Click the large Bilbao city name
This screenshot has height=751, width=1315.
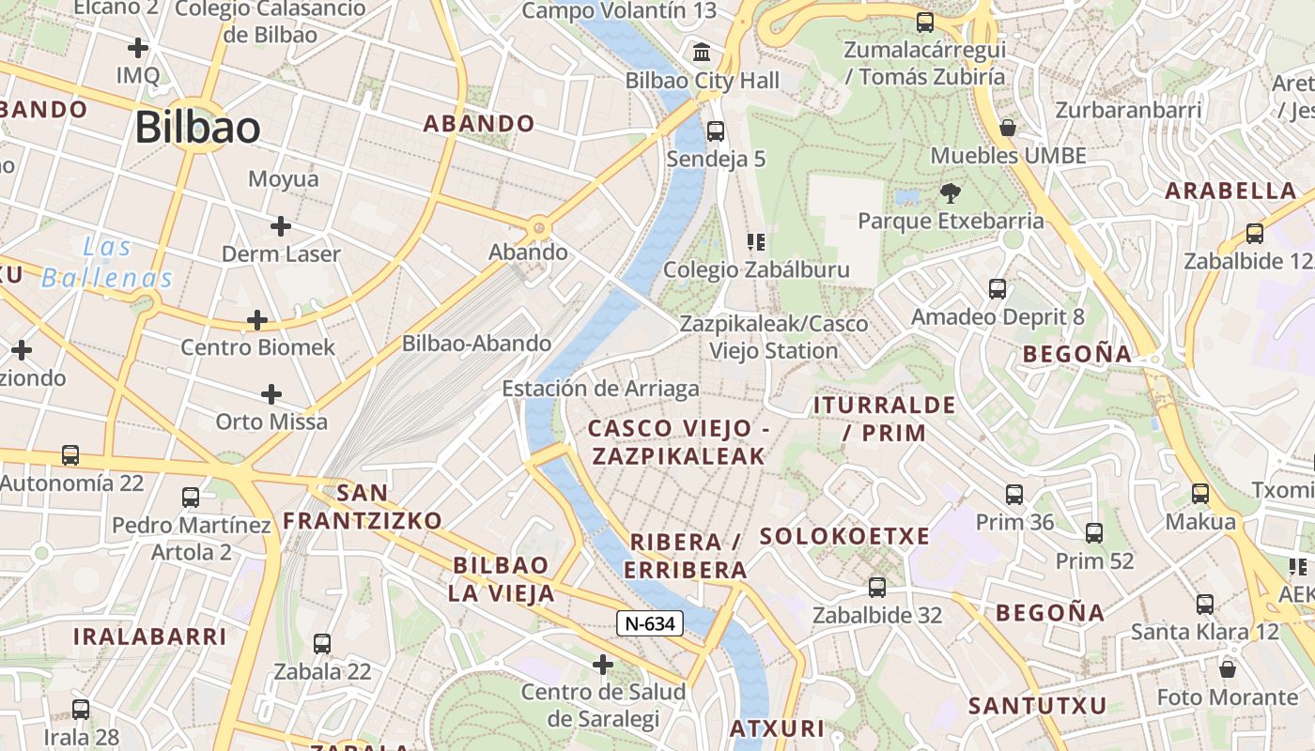point(197,128)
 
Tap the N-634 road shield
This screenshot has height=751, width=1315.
point(649,622)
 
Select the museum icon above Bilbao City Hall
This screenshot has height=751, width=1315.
point(701,52)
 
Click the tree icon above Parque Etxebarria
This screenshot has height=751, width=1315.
point(950,193)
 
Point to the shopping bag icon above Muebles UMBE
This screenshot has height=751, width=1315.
point(1008,127)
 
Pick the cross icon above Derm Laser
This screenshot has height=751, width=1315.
point(280,225)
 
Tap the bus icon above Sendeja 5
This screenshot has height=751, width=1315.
point(715,130)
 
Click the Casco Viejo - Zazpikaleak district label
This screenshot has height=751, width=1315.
point(676,442)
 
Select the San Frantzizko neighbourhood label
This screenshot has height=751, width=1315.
point(363,506)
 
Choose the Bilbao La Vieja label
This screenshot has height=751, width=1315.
point(501,578)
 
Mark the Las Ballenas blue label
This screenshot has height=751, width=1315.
point(107,263)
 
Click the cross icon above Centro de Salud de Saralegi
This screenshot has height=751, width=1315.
point(602,665)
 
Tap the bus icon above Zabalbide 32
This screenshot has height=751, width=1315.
point(876,587)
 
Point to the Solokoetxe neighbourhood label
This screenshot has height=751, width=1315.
point(844,536)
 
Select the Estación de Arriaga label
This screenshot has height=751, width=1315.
point(600,389)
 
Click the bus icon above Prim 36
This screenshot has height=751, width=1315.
point(1013,494)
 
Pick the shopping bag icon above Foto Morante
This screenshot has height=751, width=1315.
point(1227,669)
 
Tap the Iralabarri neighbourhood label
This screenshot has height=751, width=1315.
point(150,636)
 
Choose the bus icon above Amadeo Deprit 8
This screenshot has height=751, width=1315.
point(998,289)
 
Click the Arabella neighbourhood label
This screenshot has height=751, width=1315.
point(1230,192)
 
